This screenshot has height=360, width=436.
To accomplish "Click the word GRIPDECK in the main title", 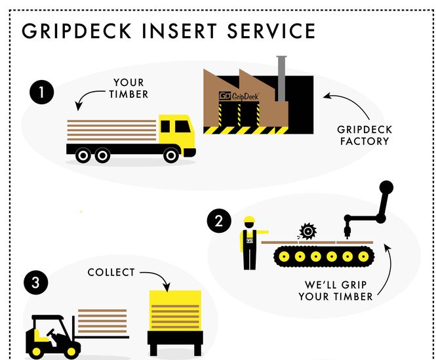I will click(x=84, y=31).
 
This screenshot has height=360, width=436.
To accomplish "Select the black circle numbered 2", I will click(x=219, y=222).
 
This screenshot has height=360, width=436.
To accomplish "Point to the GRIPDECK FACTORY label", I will click(x=364, y=135).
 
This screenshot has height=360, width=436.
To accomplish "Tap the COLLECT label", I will click(x=111, y=272).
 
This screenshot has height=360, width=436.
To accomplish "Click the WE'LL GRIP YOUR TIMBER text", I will click(x=335, y=291).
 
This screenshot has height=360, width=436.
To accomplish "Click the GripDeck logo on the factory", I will click(x=239, y=96).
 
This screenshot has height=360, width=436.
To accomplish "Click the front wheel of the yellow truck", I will click(x=171, y=155).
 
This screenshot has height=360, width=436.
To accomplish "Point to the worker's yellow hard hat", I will click(x=248, y=220).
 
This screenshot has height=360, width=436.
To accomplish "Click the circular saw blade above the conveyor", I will click(x=306, y=231).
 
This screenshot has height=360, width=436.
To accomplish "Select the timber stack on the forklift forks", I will click(x=102, y=322).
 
